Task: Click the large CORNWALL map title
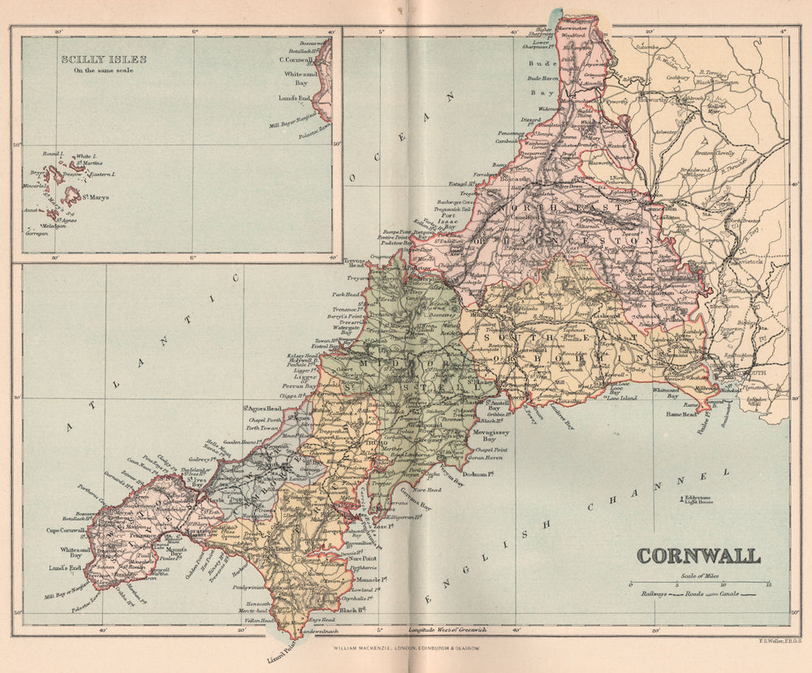click(x=698, y=556)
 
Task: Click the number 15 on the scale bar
click(x=767, y=585)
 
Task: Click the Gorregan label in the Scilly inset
click(x=37, y=233)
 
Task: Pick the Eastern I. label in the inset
click(x=101, y=175)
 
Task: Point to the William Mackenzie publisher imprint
click(x=406, y=649)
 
